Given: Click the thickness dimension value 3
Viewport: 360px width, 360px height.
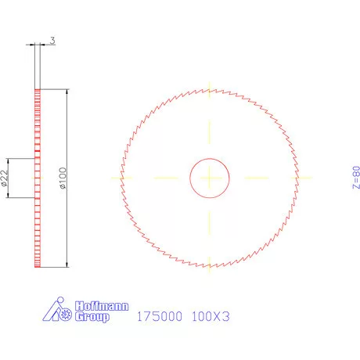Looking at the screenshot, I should point(52,39).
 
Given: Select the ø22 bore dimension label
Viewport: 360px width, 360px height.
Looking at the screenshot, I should point(5,178).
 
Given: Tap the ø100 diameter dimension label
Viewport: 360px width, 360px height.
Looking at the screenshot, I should point(63,178).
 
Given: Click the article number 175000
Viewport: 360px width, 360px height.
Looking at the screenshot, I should point(160,317).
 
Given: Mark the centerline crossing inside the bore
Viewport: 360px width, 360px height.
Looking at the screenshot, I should point(210,178).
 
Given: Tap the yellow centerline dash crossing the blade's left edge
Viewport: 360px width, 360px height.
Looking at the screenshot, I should point(121,178).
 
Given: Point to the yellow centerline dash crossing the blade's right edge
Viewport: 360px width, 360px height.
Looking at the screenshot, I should point(299,178).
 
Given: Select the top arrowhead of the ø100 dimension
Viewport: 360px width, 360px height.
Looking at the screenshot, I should point(68,92).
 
